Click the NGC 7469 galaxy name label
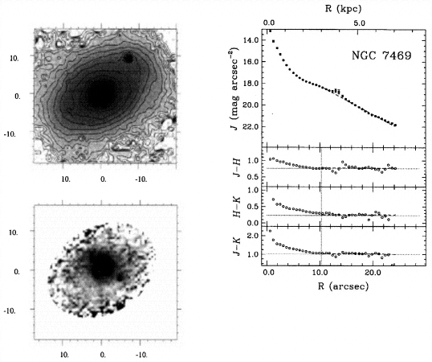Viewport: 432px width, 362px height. tap(381, 56)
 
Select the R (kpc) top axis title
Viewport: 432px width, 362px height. tap(343, 9)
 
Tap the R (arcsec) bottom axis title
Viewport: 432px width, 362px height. tap(344, 286)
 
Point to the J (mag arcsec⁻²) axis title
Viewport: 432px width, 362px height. tap(235, 88)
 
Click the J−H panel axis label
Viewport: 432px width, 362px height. tap(236, 168)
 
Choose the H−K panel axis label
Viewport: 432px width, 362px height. tap(237, 207)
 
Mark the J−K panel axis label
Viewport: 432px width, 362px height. tap(237, 246)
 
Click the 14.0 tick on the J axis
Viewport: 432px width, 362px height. tap(251, 40)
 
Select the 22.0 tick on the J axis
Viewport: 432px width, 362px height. tap(251, 126)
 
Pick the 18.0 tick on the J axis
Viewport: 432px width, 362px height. tap(251, 84)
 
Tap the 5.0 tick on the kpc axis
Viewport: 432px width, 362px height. tap(359, 23)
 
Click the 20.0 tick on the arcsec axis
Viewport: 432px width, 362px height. tap(373, 273)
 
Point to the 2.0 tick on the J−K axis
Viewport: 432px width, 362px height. tap(254, 236)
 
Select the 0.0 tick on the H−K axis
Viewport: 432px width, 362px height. tap(254, 223)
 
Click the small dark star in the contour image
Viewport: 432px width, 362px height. tap(128, 58)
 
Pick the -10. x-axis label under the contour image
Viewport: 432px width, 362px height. tap(141, 179)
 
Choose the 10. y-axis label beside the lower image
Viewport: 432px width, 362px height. tap(14, 232)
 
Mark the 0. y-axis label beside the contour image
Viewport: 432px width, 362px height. tap(18, 97)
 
